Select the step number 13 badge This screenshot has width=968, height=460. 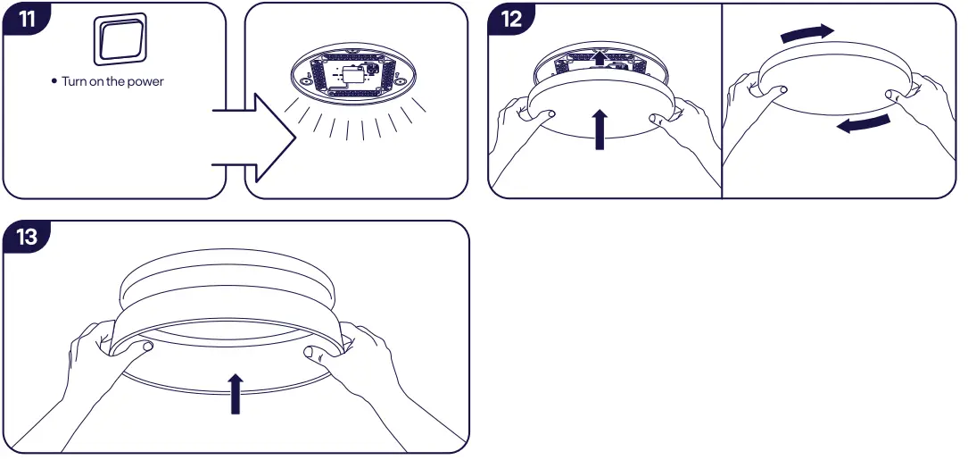point(28,237)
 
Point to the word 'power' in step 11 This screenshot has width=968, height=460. point(145,82)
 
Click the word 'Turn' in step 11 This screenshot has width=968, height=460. point(74,82)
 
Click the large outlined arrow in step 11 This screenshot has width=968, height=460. point(259,138)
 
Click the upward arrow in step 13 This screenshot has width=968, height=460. point(236,394)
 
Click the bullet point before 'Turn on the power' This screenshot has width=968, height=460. point(54,81)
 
